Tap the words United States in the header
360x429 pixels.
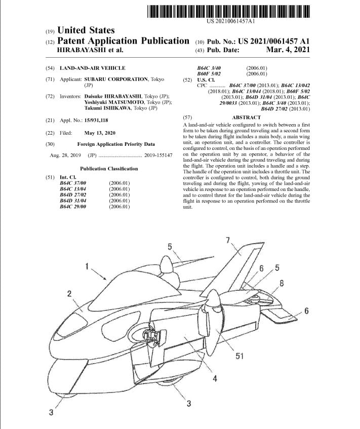tap(86, 30)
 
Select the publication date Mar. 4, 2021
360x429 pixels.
tap(287, 50)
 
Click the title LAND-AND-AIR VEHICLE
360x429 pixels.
tap(85, 68)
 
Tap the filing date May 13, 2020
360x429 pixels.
tap(100, 133)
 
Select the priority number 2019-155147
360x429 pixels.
tap(158, 155)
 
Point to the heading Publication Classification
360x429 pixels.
tap(108, 169)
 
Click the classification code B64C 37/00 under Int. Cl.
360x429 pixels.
tap(73, 183)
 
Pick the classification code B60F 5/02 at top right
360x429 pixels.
tap(209, 74)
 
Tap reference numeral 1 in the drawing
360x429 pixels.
tap(88, 265)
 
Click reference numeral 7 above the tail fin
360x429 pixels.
tap(228, 239)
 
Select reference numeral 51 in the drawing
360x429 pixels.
tap(240, 356)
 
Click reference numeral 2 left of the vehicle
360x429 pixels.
tap(70, 293)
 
